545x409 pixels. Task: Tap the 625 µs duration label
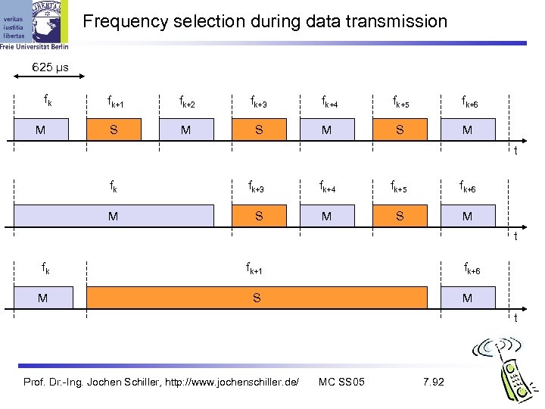click(x=50, y=68)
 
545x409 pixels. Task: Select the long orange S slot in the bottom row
click(x=257, y=298)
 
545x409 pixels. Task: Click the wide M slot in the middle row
click(x=113, y=217)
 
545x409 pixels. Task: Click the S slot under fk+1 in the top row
click(x=113, y=130)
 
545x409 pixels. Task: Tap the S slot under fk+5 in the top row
click(x=400, y=130)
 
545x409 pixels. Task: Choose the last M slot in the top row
click(x=467, y=130)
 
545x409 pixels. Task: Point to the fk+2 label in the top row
click(x=186, y=101)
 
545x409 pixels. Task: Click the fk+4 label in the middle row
click(x=327, y=186)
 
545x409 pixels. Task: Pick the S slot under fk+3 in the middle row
click(x=259, y=217)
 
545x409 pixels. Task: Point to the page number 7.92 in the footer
click(x=433, y=381)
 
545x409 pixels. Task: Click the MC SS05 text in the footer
click(x=342, y=381)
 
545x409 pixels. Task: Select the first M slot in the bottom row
click(x=42, y=298)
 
